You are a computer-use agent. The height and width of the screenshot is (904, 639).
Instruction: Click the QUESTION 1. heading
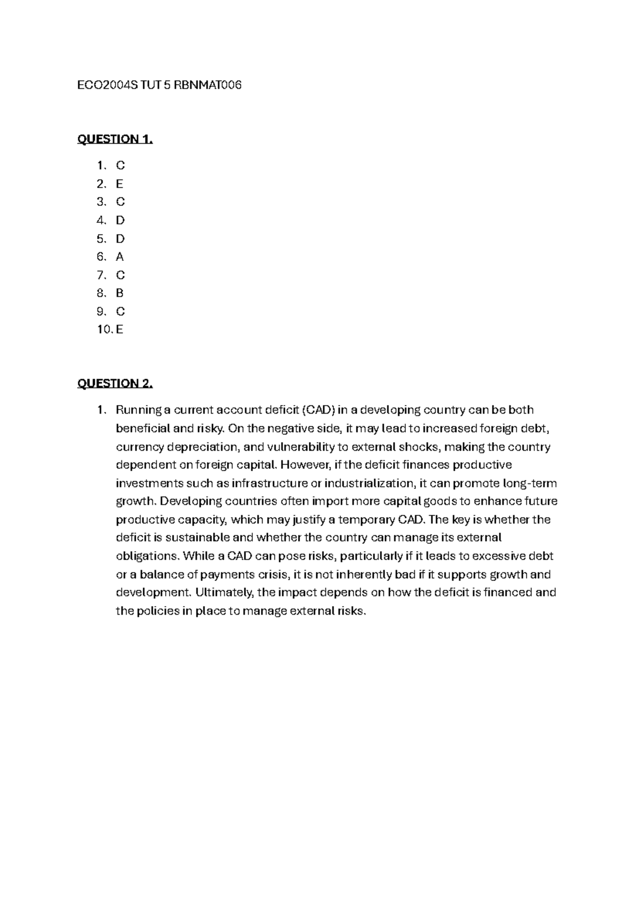[115, 140]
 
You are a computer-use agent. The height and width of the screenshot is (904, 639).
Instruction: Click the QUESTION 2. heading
[115, 384]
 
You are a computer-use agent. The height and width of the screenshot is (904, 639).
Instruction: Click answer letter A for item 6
[120, 257]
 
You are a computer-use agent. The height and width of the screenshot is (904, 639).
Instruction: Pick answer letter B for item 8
[120, 293]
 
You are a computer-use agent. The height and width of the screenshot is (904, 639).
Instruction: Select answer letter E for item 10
[120, 329]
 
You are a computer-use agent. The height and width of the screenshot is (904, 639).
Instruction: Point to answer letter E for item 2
[120, 184]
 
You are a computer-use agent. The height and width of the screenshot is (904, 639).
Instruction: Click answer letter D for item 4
[120, 221]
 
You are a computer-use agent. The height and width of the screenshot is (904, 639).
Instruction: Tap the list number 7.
[101, 275]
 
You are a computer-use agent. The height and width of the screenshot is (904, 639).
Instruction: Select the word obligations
[147, 556]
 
